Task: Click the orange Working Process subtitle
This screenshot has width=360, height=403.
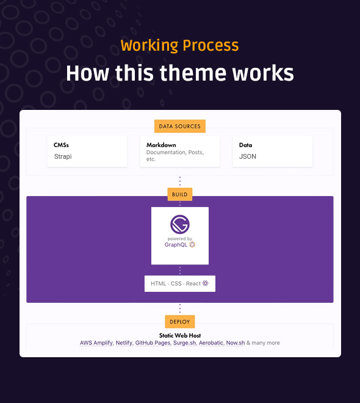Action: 180,46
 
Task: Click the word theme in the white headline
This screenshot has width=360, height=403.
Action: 193,73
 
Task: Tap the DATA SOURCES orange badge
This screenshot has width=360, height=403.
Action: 180,126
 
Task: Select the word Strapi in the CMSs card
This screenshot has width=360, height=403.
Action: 63,156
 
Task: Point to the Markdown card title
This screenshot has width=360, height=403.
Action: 161,145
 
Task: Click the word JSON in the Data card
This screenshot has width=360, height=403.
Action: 248,156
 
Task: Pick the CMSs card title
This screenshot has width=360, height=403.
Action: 61,145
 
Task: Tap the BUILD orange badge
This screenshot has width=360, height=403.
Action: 180,194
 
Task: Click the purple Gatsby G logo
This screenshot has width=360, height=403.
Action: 180,224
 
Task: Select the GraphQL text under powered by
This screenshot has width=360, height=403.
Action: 176,245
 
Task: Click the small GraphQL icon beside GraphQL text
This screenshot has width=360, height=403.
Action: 192,244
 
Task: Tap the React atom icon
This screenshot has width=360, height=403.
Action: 206,283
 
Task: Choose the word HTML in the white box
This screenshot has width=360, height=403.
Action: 159,283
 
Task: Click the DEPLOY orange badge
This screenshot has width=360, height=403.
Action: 180,322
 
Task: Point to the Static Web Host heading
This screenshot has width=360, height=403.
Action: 180,335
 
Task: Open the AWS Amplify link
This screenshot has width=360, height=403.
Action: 96,343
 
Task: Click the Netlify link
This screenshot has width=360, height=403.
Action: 124,343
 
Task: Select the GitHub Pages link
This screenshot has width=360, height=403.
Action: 153,343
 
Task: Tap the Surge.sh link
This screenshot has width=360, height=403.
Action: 185,343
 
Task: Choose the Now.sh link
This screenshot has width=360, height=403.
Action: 236,343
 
